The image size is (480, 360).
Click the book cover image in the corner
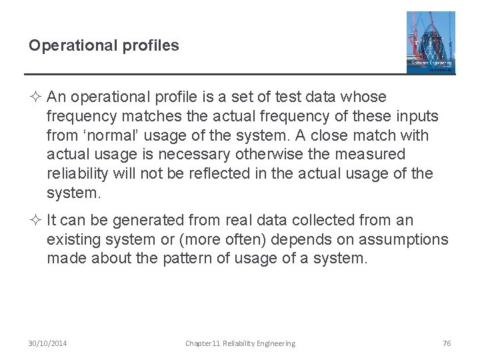pyautogui.click(x=431, y=42)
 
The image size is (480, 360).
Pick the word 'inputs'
pyautogui.click(x=417, y=117)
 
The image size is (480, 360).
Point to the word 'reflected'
pyautogui.click(x=223, y=174)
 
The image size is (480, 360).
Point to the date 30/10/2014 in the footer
pyautogui.click(x=47, y=343)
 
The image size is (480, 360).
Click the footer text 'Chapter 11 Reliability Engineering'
pyautogui.click(x=240, y=343)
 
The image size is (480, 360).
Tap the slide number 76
pyautogui.click(x=447, y=343)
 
